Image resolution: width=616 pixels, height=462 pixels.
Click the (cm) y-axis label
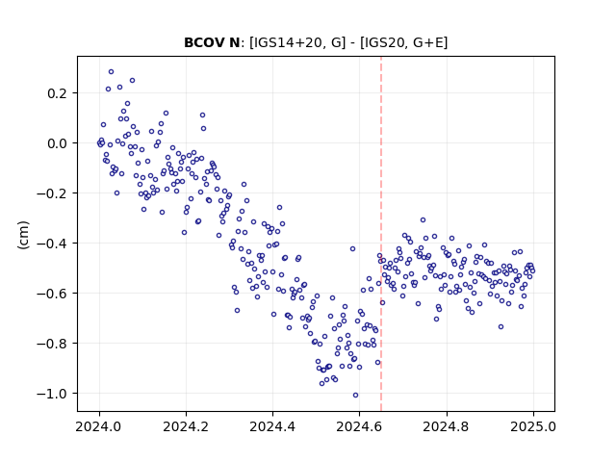pyautogui.click(x=23, y=235)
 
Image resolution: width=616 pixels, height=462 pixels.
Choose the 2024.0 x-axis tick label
pyautogui.click(x=99, y=426)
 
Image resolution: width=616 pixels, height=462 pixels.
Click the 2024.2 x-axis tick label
pyautogui.click(x=186, y=426)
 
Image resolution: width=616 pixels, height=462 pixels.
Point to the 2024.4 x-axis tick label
pyautogui.click(x=272, y=426)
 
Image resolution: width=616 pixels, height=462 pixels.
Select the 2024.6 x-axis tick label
pyautogui.click(x=359, y=426)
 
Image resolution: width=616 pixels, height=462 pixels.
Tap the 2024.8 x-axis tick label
pyautogui.click(x=447, y=426)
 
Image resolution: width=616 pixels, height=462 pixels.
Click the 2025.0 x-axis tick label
pyautogui.click(x=533, y=426)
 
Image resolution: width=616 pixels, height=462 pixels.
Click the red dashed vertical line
pyautogui.click(x=381, y=234)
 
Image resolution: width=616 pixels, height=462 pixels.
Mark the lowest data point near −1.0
pyautogui.click(x=355, y=396)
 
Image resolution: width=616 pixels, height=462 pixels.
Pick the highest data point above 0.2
pyautogui.click(x=112, y=72)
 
